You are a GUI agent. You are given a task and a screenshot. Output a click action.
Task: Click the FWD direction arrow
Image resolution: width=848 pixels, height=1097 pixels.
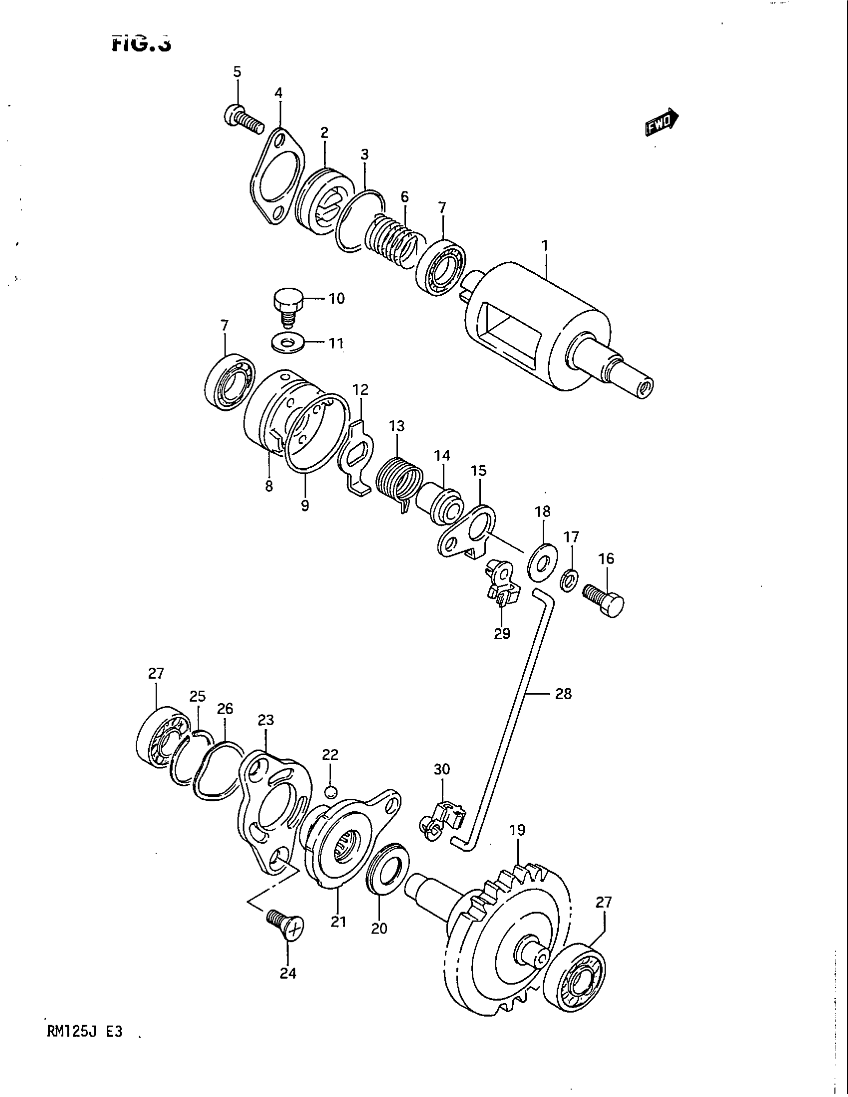661,123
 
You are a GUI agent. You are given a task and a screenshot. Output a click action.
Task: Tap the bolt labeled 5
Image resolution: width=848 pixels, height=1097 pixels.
243,119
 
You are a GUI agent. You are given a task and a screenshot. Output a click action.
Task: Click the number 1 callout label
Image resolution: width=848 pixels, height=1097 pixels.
545,246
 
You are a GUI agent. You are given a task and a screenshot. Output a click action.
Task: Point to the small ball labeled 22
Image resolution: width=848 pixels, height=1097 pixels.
330,792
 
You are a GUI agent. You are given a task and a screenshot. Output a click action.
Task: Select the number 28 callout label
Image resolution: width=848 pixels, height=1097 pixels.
563,694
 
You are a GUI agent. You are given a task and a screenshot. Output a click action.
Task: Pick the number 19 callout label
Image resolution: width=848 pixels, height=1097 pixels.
517,830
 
